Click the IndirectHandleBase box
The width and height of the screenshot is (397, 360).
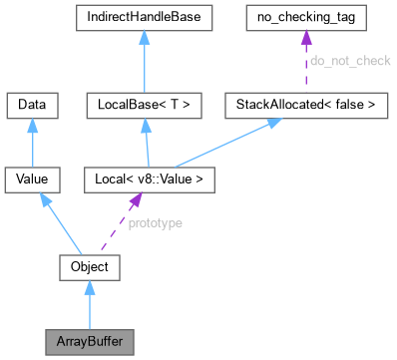(145, 20)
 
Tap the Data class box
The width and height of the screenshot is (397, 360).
(33, 103)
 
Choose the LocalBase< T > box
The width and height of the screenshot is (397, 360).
(145, 103)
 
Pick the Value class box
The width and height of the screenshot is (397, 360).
(33, 180)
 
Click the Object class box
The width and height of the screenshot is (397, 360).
(90, 267)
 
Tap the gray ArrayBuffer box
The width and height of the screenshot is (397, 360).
(90, 340)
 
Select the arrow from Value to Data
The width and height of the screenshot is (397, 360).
(33, 142)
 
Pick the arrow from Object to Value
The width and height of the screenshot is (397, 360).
(62, 224)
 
